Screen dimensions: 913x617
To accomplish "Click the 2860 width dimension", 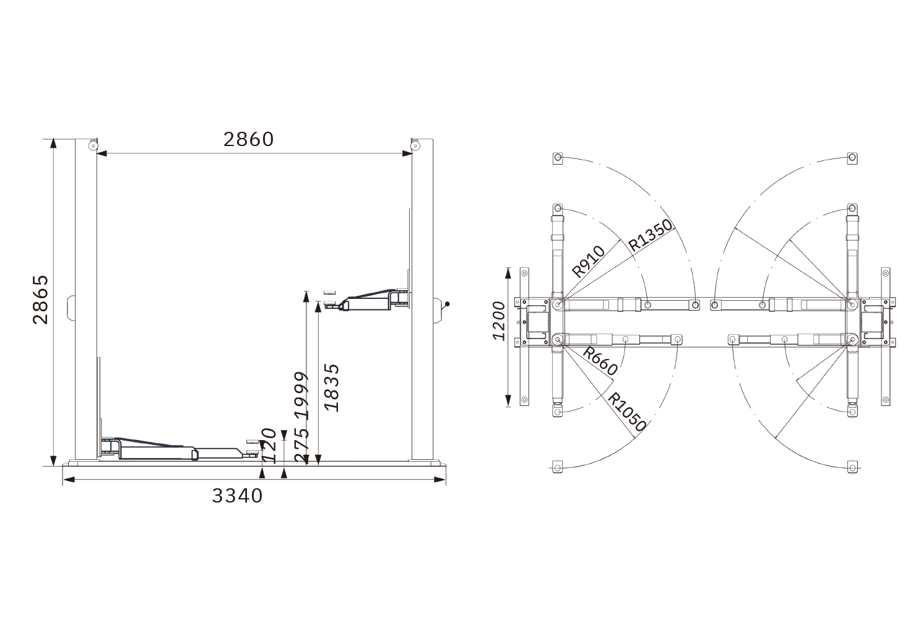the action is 249,139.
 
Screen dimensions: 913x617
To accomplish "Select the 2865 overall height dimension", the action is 40,300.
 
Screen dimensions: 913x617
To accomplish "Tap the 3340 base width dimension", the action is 238,496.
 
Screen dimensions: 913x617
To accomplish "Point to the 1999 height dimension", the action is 301,395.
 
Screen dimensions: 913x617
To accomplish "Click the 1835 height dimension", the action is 331,387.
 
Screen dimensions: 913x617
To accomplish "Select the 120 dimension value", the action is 269,446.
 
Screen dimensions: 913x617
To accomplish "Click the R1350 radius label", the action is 650,236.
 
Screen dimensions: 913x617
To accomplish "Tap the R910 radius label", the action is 588,262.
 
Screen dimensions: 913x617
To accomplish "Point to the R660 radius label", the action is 600,361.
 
